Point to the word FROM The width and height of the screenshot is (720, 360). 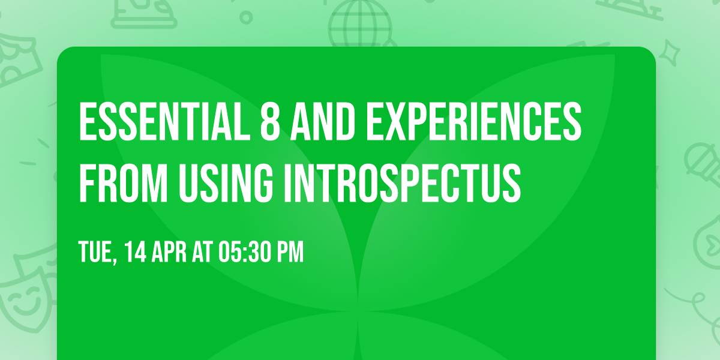[121, 179]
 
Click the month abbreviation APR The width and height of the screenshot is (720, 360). [174, 252]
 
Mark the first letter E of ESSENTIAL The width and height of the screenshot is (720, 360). [86, 122]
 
